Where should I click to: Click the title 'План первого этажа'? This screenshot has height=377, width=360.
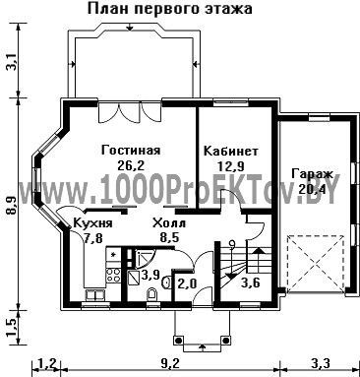pyautogui.click(x=170, y=9)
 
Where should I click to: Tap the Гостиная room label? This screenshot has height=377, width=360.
pyautogui.click(x=131, y=151)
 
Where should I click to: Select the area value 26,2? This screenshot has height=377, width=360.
pyautogui.click(x=131, y=165)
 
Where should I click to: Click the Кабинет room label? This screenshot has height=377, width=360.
pyautogui.click(x=231, y=152)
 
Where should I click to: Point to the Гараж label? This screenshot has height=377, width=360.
pyautogui.click(x=313, y=173)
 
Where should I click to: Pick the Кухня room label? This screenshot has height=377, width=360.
pyautogui.click(x=92, y=223)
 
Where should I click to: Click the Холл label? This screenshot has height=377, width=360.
pyautogui.click(x=169, y=223)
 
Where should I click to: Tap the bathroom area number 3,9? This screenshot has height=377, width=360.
pyautogui.click(x=150, y=275)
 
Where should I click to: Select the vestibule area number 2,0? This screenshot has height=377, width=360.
pyautogui.click(x=187, y=283)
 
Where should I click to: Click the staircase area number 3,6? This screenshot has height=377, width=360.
pyautogui.click(x=251, y=283)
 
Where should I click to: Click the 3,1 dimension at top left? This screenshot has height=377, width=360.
pyautogui.click(x=12, y=62)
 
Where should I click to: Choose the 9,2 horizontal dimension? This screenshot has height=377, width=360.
pyautogui.click(x=170, y=363)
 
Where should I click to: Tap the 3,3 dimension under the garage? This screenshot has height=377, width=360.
pyautogui.click(x=320, y=363)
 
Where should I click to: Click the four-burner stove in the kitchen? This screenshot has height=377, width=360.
pyautogui.click(x=113, y=275)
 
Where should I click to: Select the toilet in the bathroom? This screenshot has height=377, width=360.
pyautogui.click(x=152, y=294)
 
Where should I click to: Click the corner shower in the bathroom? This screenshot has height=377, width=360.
pyautogui.click(x=144, y=257)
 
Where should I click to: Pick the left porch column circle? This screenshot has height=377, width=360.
pyautogui.click(x=178, y=341)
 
